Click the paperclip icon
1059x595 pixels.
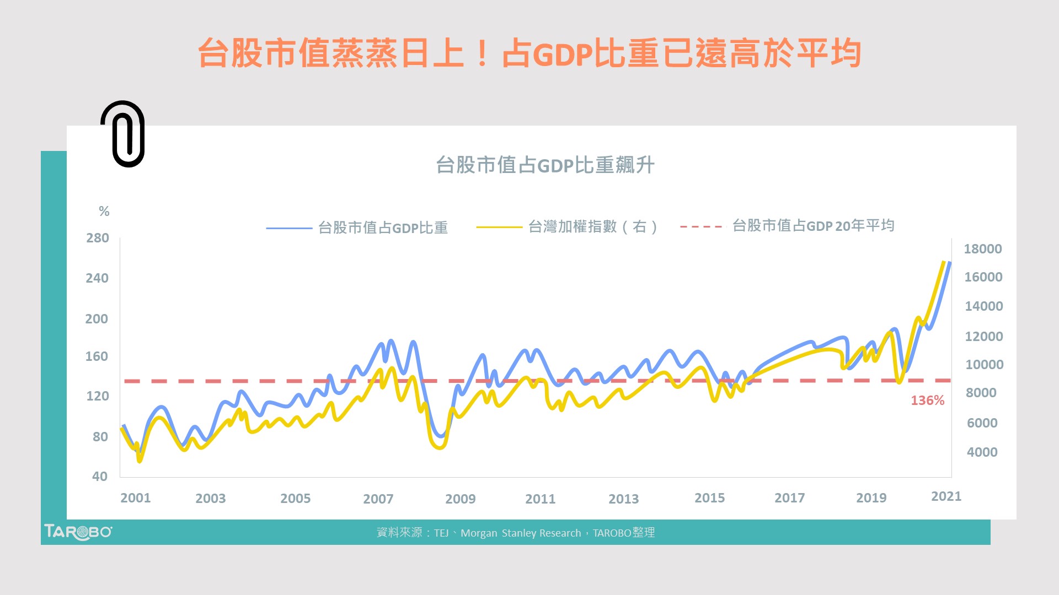123,134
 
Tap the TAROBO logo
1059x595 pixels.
78,532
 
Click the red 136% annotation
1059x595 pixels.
927,401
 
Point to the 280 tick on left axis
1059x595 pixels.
98,238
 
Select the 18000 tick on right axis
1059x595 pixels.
982,249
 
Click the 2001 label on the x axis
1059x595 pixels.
136,498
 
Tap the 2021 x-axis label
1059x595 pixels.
946,496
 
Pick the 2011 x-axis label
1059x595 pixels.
540,499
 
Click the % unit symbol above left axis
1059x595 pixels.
104,211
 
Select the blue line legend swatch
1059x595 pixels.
289,228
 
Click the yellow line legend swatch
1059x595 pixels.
499,227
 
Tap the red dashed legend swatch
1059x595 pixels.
701,226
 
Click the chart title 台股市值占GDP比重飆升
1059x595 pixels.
545,165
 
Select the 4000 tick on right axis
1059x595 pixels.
982,452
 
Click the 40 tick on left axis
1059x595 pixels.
100,477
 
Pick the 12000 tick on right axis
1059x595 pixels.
983,337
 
